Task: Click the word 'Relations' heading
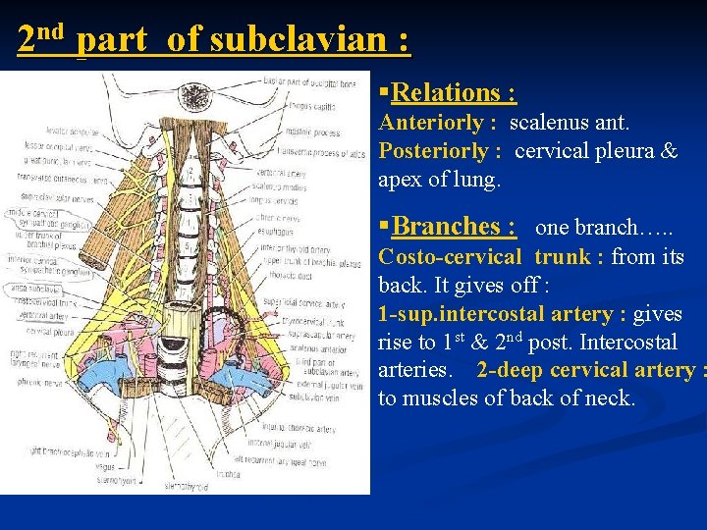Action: click(x=454, y=93)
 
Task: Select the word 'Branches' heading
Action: click(x=454, y=226)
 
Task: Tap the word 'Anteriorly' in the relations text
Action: click(x=431, y=124)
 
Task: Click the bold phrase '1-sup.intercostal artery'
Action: click(x=498, y=314)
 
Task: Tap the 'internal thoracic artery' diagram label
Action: click(x=300, y=428)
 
